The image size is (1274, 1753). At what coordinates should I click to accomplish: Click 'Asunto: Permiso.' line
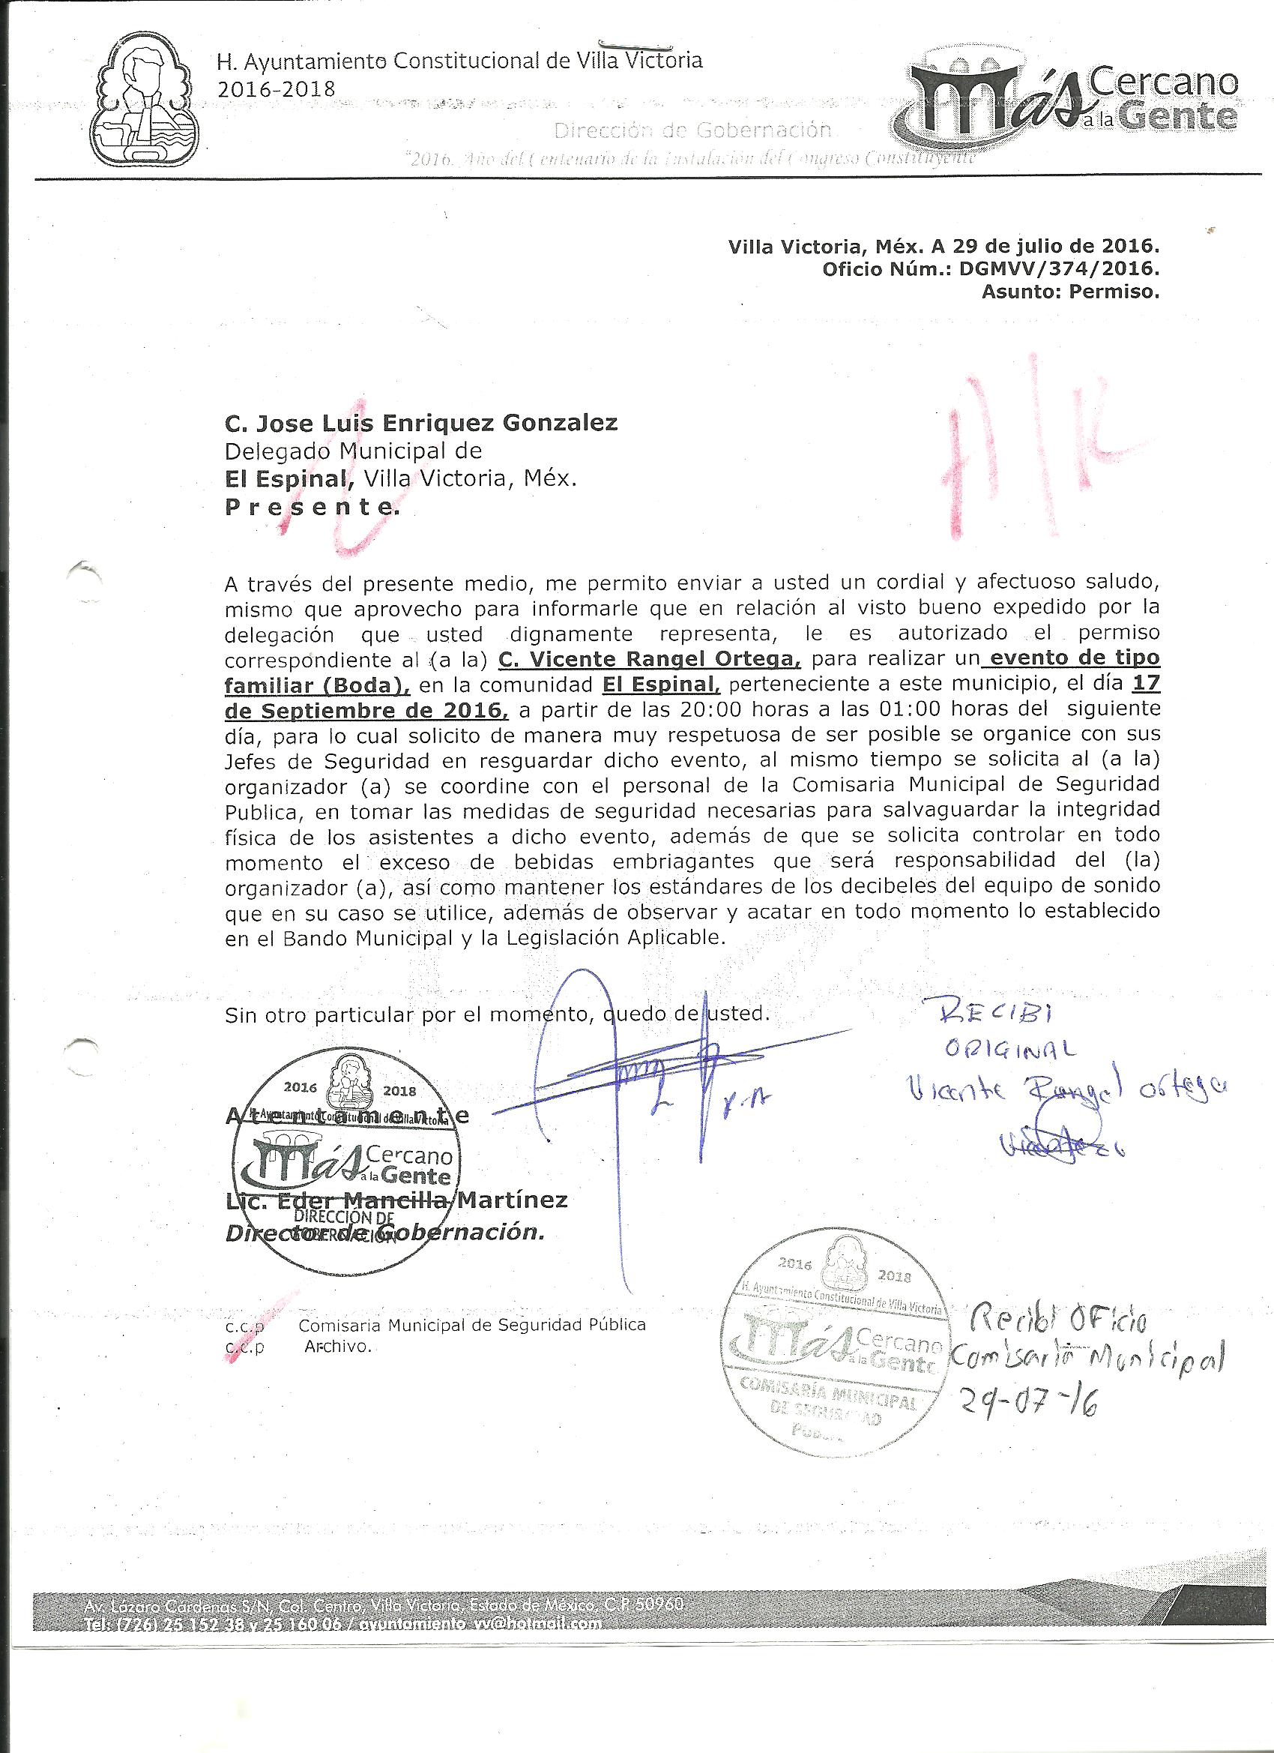1069,292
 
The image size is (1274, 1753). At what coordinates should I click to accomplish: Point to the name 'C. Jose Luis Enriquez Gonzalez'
421,423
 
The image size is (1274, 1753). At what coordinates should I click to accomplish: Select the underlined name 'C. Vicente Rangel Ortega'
649,658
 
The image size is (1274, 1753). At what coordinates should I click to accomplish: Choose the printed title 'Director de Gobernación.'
384,1233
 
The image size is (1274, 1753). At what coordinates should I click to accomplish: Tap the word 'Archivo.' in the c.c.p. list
339,1346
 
